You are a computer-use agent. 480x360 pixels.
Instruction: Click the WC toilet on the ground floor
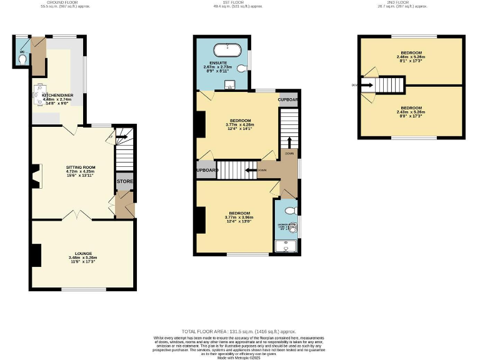22,59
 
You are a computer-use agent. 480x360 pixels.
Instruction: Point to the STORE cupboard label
125,182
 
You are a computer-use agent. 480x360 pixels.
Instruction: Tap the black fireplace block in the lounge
36,254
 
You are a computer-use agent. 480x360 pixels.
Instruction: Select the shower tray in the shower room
287,247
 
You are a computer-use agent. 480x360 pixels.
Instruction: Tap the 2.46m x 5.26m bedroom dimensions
411,56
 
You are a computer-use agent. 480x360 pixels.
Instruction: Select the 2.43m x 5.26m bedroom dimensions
411,112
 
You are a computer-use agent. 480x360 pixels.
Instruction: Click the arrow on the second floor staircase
367,84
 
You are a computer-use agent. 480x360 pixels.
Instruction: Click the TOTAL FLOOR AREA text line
239,331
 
